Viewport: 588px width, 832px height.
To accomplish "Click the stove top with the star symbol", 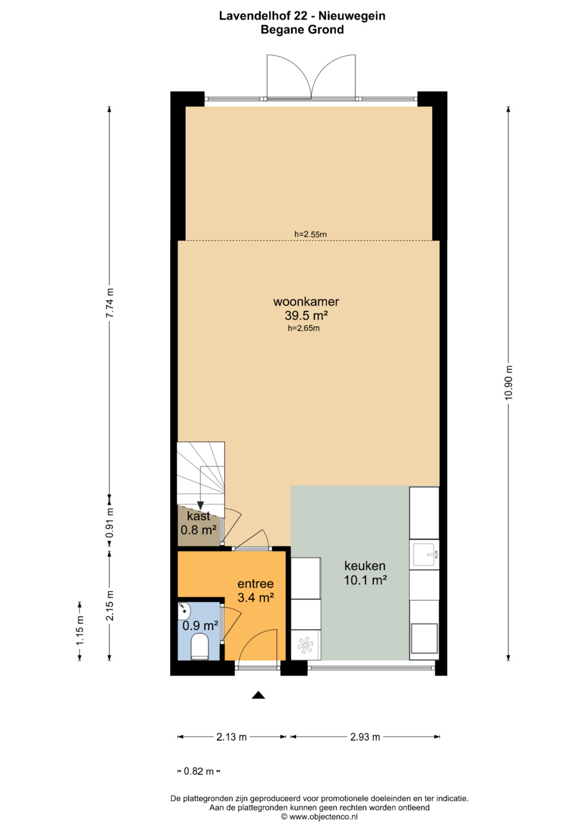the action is pyautogui.click(x=305, y=645).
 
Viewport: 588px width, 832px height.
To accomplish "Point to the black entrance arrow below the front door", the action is pyautogui.click(x=258, y=695).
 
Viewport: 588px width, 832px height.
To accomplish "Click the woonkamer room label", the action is pyautogui.click(x=306, y=302).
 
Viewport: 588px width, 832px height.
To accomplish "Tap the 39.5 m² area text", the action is pyautogui.click(x=306, y=315).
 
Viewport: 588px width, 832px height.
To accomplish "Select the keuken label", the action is pyautogui.click(x=365, y=566).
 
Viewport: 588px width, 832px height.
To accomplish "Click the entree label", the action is pyautogui.click(x=255, y=584).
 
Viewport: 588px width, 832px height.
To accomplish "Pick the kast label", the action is pyautogui.click(x=199, y=516).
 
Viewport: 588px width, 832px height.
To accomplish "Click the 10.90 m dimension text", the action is pyautogui.click(x=508, y=382).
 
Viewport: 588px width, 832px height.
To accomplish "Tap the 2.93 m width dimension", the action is pyautogui.click(x=365, y=737).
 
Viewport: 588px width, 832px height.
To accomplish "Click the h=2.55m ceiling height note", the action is pyautogui.click(x=310, y=234).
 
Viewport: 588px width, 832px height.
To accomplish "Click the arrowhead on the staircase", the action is pyautogui.click(x=200, y=505).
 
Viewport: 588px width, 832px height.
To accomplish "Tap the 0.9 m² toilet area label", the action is pyautogui.click(x=200, y=626).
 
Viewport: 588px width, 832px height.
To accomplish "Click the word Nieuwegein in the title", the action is pyautogui.click(x=352, y=16).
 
